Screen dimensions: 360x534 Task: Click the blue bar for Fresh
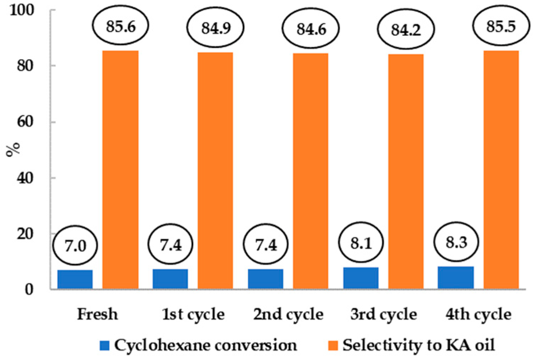(x=75, y=280)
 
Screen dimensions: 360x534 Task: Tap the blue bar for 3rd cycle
(x=361, y=278)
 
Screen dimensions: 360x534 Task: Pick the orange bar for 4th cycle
(x=501, y=170)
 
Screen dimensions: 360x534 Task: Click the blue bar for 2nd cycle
(x=265, y=279)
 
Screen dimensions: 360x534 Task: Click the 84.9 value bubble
(x=216, y=28)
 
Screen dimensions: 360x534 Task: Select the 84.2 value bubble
(x=406, y=30)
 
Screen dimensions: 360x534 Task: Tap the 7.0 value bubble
(x=75, y=245)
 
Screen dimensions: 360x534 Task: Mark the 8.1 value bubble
(x=361, y=243)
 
